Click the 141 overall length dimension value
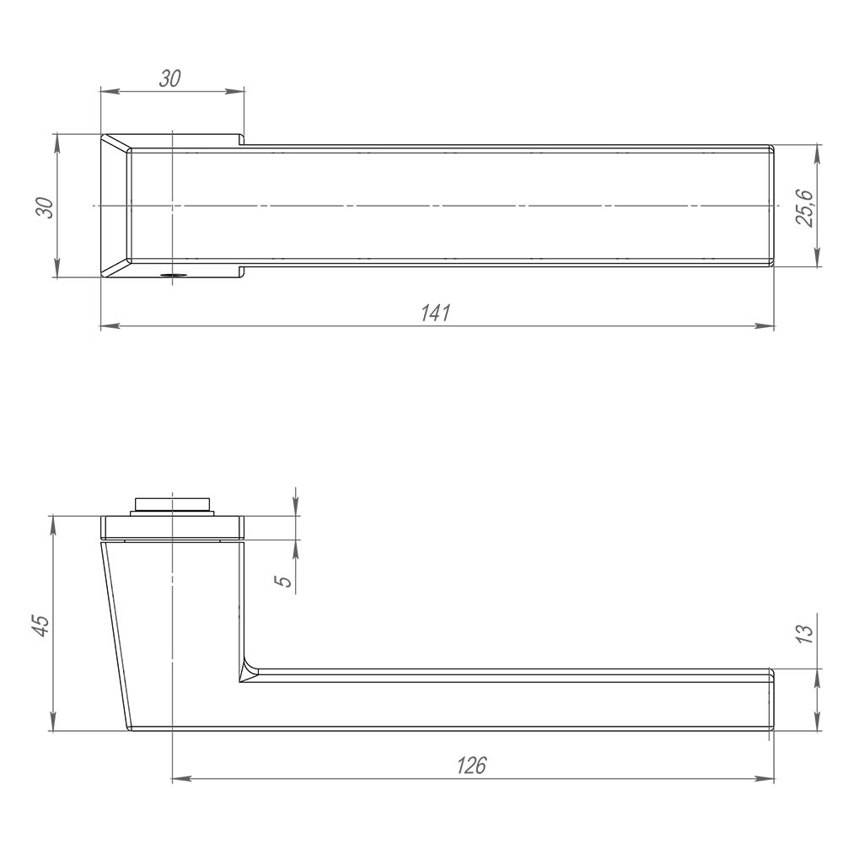pyautogui.click(x=436, y=312)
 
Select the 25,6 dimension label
pyautogui.click(x=805, y=207)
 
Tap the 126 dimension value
pyautogui.click(x=471, y=765)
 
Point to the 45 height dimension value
pyautogui.click(x=40, y=624)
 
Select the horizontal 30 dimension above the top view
pyautogui.click(x=170, y=78)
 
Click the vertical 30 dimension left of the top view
pyautogui.click(x=44, y=207)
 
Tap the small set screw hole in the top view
pyautogui.click(x=172, y=275)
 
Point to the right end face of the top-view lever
pyautogui.click(x=772, y=207)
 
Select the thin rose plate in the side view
pyautogui.click(x=172, y=527)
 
